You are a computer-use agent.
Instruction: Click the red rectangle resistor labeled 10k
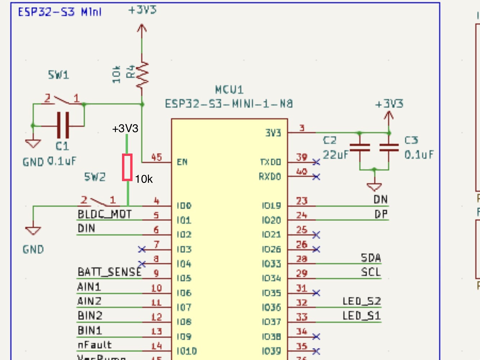point(127,167)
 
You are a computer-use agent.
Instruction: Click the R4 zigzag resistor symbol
point(142,74)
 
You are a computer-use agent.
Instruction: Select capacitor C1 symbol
point(63,125)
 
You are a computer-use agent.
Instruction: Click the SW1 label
point(58,75)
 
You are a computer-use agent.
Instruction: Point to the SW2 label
point(95,177)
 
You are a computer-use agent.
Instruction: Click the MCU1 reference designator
point(229,90)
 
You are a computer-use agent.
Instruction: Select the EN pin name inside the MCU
point(182,162)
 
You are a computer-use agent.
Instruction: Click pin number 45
point(157,157)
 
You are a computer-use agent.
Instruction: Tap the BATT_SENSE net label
point(109,272)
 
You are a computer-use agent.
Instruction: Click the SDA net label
point(371,258)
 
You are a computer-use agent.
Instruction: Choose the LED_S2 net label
point(361,301)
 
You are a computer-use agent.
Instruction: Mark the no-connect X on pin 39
point(316,162)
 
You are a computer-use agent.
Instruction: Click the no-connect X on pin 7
point(142,249)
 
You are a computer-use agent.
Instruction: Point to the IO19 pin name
point(271,206)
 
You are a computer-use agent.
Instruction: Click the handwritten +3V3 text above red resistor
point(125,129)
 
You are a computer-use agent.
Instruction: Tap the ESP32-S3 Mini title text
point(60,12)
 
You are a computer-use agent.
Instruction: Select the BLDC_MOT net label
point(105,215)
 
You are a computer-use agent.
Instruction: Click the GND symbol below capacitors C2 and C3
point(374,187)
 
